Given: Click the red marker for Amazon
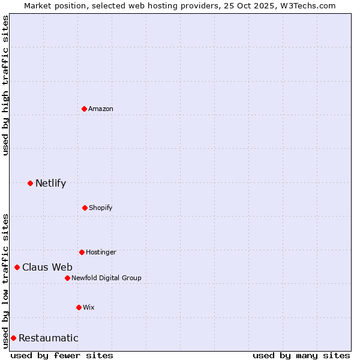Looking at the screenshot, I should pyautogui.click(x=84, y=109).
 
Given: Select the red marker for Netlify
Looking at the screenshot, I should pyautogui.click(x=30, y=183).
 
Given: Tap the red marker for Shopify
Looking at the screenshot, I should pyautogui.click(x=85, y=208).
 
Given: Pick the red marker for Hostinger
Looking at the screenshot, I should pyautogui.click(x=82, y=252).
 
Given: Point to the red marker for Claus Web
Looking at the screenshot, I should pyautogui.click(x=17, y=267).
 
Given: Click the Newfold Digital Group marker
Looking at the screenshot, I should pyautogui.click(x=67, y=278).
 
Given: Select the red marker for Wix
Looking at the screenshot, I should pyautogui.click(x=79, y=307).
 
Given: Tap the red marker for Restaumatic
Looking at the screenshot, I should pyautogui.click(x=13, y=338).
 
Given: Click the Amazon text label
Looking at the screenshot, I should pyautogui.click(x=101, y=109).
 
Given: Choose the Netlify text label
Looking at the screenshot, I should pyautogui.click(x=50, y=183).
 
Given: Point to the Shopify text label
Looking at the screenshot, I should pyautogui.click(x=101, y=208).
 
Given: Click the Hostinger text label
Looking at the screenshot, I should pyautogui.click(x=101, y=252).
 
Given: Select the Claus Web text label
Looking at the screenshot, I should pyautogui.click(x=47, y=267).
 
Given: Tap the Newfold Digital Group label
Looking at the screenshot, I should pyautogui.click(x=107, y=278).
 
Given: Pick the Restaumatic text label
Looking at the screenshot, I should pyautogui.click(x=49, y=338).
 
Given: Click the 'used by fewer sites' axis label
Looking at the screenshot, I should pyautogui.click(x=62, y=355).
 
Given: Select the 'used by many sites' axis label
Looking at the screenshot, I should pyautogui.click(x=301, y=355).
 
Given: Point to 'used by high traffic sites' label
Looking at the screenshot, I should pyautogui.click(x=5, y=85).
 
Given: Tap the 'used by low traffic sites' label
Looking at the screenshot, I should pyautogui.click(x=5, y=280).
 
